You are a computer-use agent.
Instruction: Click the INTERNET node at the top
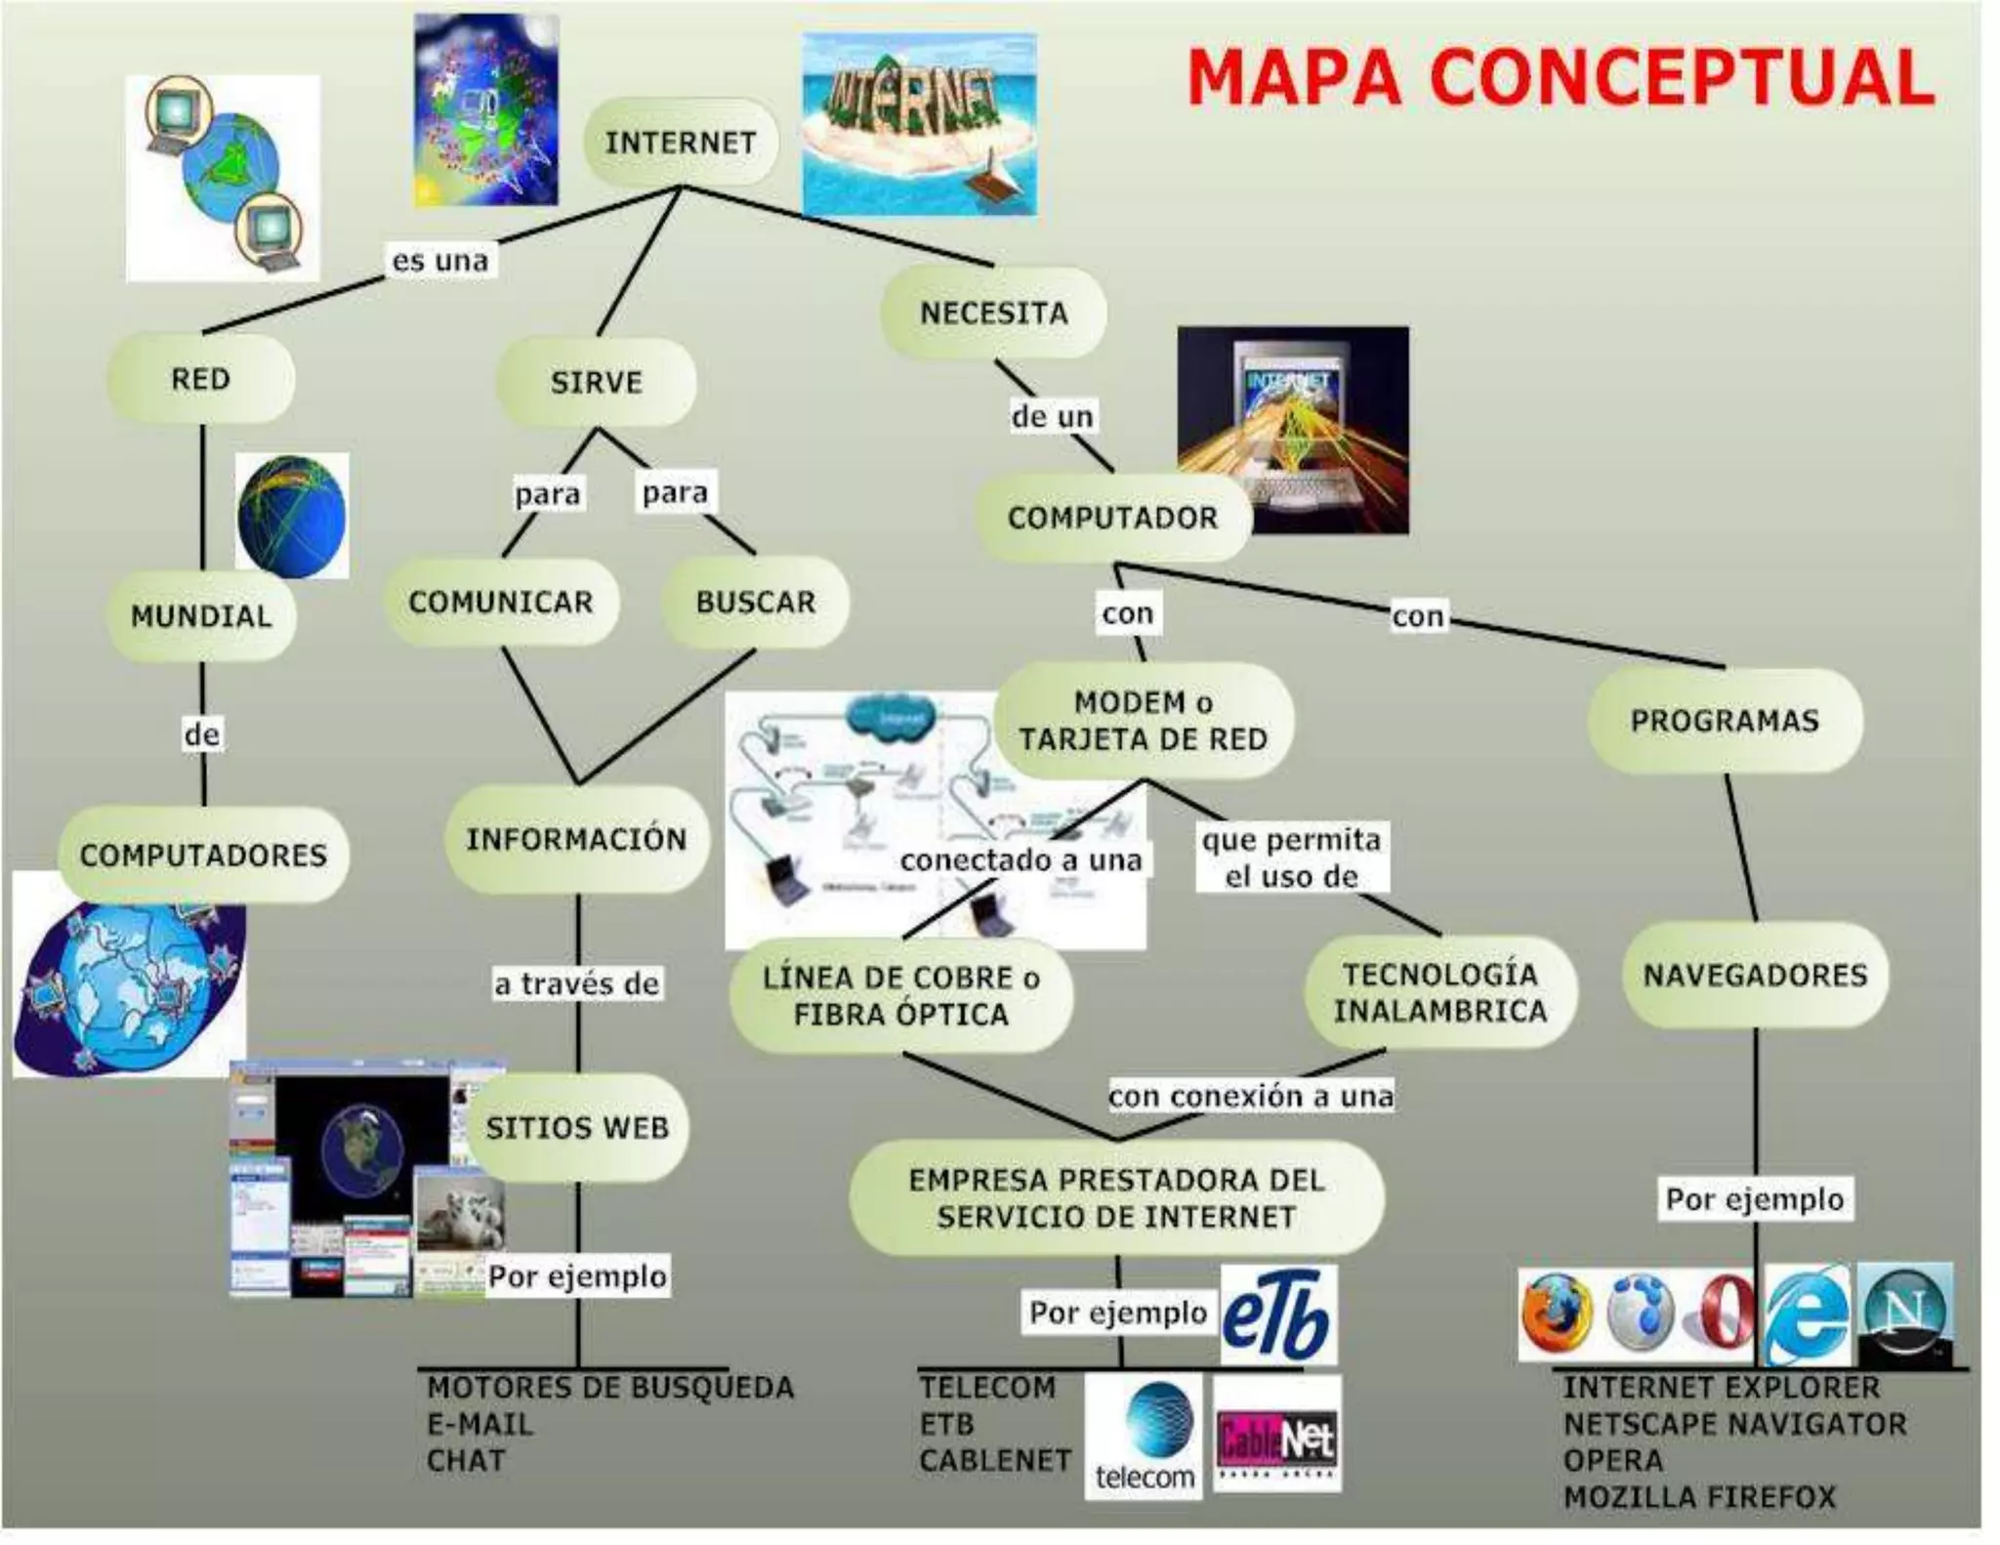[x=681, y=143]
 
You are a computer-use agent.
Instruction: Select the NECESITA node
[x=993, y=313]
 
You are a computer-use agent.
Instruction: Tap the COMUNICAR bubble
[x=501, y=602]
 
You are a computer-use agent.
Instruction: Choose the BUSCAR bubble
[x=755, y=602]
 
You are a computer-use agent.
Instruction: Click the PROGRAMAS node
[x=1725, y=721]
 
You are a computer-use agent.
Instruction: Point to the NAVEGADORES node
[x=1755, y=975]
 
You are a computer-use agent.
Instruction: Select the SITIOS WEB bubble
[x=577, y=1128]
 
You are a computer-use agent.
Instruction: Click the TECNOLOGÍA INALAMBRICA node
[x=1440, y=992]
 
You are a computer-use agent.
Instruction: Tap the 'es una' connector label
[x=439, y=261]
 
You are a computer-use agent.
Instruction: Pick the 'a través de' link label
[x=577, y=983]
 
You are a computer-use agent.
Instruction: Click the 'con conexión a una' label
[x=1251, y=1096]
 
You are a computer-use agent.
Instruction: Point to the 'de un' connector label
[x=1052, y=417]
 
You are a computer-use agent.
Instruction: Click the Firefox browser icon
[x=1556, y=1314]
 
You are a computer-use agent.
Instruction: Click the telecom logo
[x=1145, y=1436]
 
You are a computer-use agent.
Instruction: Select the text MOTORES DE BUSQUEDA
[x=610, y=1388]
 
